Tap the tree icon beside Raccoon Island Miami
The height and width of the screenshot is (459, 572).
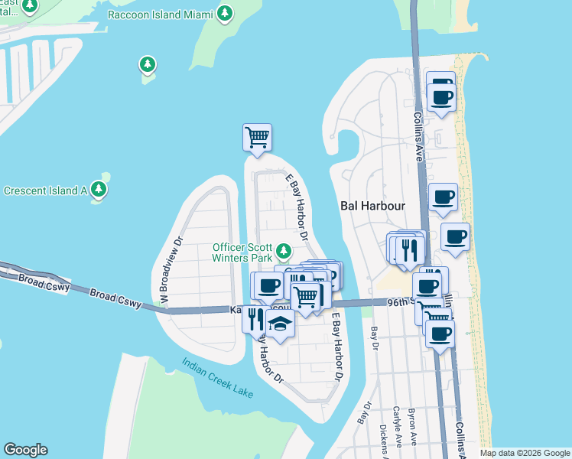click(x=224, y=13)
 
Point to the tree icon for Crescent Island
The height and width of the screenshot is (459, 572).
click(x=98, y=189)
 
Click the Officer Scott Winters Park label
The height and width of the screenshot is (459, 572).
click(x=243, y=252)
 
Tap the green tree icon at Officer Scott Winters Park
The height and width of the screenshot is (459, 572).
click(x=284, y=251)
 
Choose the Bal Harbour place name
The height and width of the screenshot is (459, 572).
click(x=372, y=207)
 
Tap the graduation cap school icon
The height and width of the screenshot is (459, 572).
click(x=281, y=324)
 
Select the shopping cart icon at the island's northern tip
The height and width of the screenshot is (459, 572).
click(x=258, y=138)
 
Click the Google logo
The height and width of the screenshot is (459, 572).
click(x=25, y=450)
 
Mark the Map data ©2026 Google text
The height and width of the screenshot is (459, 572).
click(x=523, y=453)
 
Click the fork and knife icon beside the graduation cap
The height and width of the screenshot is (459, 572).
click(x=255, y=317)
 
